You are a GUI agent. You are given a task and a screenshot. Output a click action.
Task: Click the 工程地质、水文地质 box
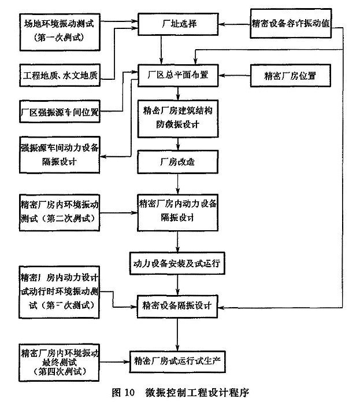(60, 75)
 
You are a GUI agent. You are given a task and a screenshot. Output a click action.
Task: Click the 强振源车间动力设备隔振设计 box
(60, 154)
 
